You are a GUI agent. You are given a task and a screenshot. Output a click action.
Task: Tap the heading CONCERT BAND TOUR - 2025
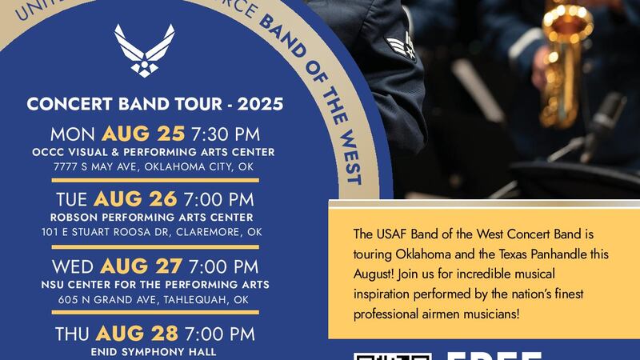(155, 105)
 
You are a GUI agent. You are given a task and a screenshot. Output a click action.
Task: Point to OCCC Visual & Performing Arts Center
(154, 152)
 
